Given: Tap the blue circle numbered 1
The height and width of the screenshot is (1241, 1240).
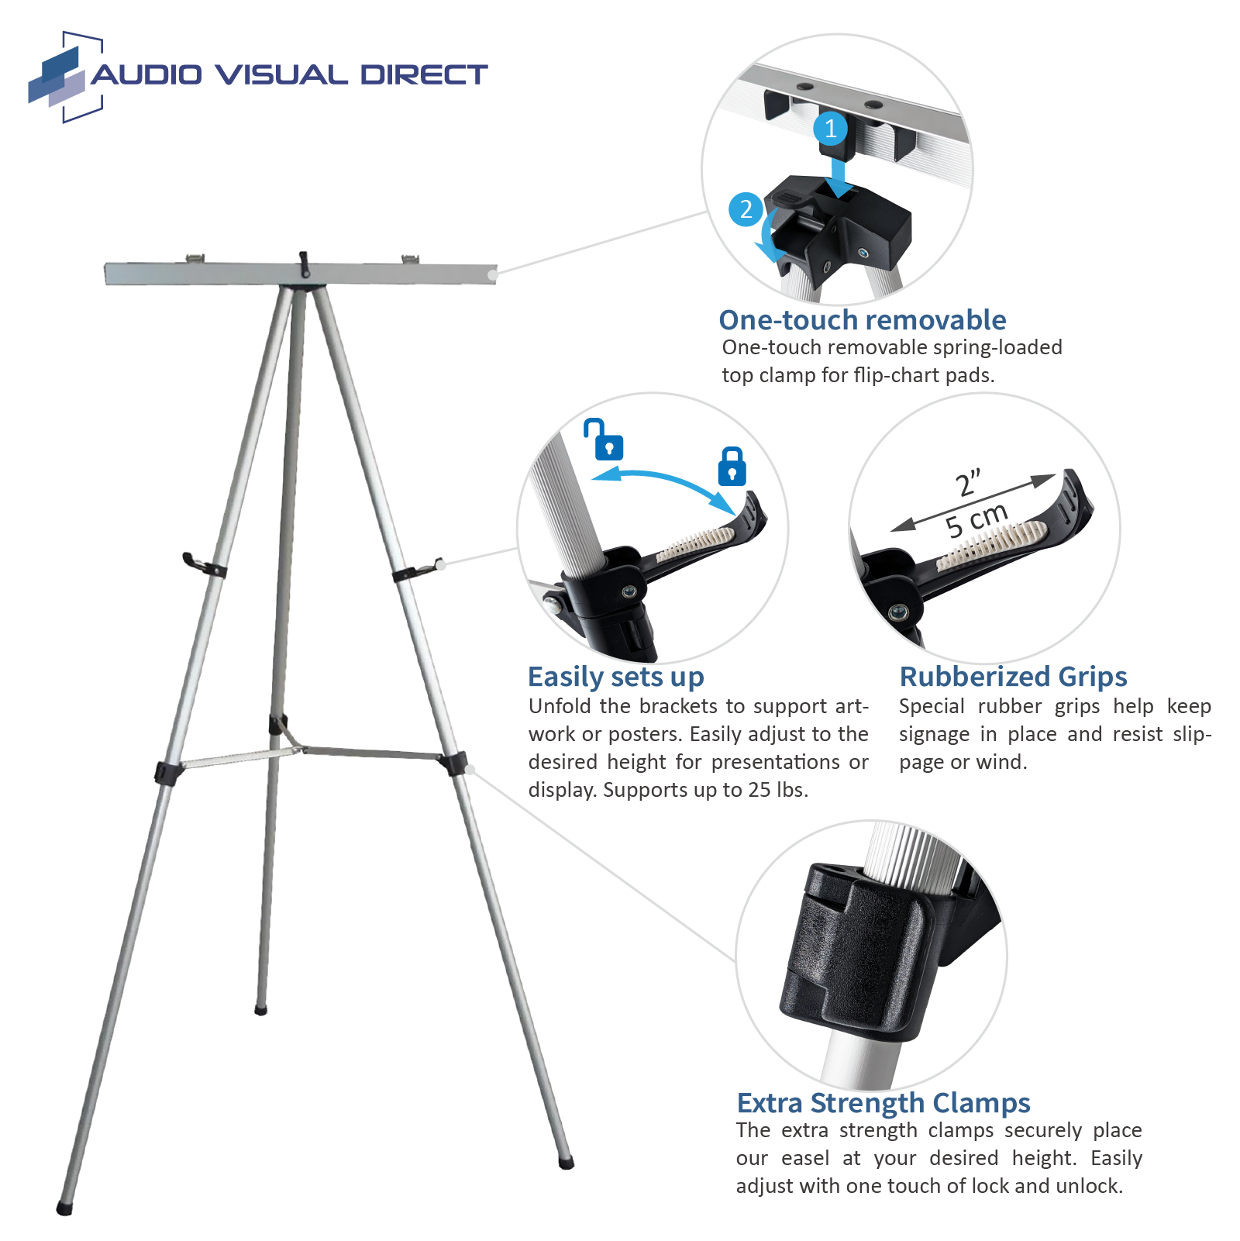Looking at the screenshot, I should [831, 129].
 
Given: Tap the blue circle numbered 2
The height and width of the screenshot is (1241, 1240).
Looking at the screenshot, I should [746, 209].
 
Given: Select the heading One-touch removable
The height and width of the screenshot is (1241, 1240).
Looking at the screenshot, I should [862, 320].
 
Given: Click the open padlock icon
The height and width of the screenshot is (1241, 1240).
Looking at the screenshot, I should [605, 440].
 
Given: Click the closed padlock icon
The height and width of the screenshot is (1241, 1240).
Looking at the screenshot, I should [732, 467].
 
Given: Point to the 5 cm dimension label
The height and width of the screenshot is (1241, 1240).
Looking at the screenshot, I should [976, 520].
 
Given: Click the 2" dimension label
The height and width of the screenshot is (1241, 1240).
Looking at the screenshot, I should [968, 483].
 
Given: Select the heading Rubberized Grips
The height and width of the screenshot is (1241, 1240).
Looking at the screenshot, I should [1012, 677].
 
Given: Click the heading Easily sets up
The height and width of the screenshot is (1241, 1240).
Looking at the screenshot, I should [615, 677].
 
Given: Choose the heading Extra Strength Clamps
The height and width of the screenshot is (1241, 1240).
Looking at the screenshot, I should [883, 1103].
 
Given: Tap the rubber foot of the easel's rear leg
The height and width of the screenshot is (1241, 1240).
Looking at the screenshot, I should [260, 1011].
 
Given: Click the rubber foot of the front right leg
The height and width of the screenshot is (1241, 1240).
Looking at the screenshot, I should [567, 1163].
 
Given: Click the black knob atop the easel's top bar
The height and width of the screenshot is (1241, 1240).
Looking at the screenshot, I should [305, 263].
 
